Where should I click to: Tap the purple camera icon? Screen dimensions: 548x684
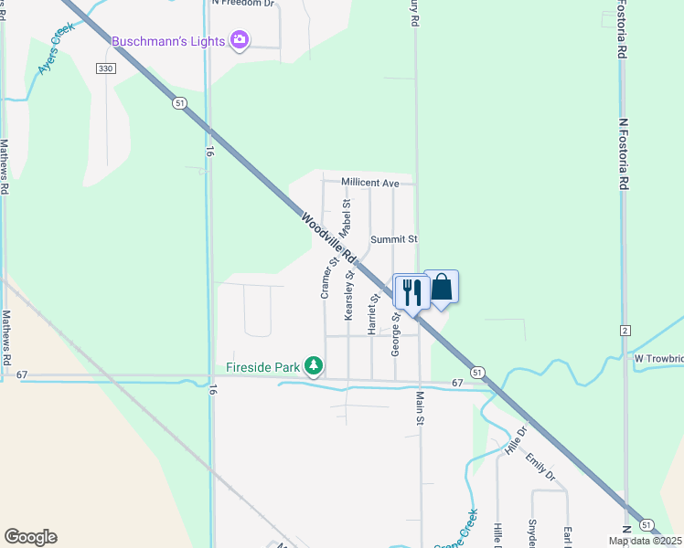tap(240, 40)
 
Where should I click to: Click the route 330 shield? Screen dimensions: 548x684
tap(106, 68)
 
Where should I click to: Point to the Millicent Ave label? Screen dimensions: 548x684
tap(370, 183)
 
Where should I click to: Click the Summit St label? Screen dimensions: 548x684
tap(393, 239)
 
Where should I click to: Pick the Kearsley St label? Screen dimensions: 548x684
tap(349, 294)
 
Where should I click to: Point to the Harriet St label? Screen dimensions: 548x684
tap(374, 313)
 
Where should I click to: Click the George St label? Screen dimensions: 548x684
tap(396, 333)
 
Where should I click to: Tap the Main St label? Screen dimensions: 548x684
tap(422, 407)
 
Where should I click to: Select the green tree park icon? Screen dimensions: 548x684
tap(314, 366)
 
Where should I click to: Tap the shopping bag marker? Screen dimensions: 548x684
tap(441, 288)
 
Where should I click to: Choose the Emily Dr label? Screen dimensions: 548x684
tap(540, 467)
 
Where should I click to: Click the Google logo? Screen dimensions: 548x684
tap(30, 537)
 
